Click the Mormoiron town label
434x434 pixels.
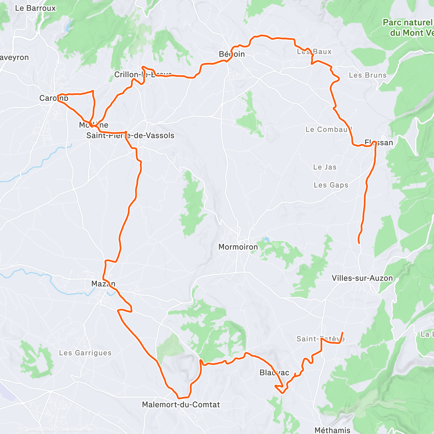click(x=238, y=247)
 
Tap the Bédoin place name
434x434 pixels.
click(x=232, y=54)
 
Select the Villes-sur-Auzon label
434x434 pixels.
click(x=362, y=278)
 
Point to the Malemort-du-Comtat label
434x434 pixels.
click(x=181, y=405)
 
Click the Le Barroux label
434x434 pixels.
click(x=35, y=8)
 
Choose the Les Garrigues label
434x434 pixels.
click(x=85, y=353)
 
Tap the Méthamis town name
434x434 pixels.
click(x=332, y=430)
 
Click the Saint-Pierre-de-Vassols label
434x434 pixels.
click(x=130, y=136)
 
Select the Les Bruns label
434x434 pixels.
click(x=367, y=75)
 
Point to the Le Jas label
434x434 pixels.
click(x=325, y=167)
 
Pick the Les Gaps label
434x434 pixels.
click(x=331, y=185)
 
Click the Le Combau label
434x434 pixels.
click(x=328, y=129)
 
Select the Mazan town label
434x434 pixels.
click(x=103, y=284)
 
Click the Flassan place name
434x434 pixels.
click(x=379, y=142)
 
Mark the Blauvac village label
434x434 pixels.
click(x=274, y=373)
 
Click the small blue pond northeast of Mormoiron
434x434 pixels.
click(x=267, y=239)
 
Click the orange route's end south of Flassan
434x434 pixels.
click(x=359, y=243)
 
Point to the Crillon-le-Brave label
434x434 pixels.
click(x=143, y=75)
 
